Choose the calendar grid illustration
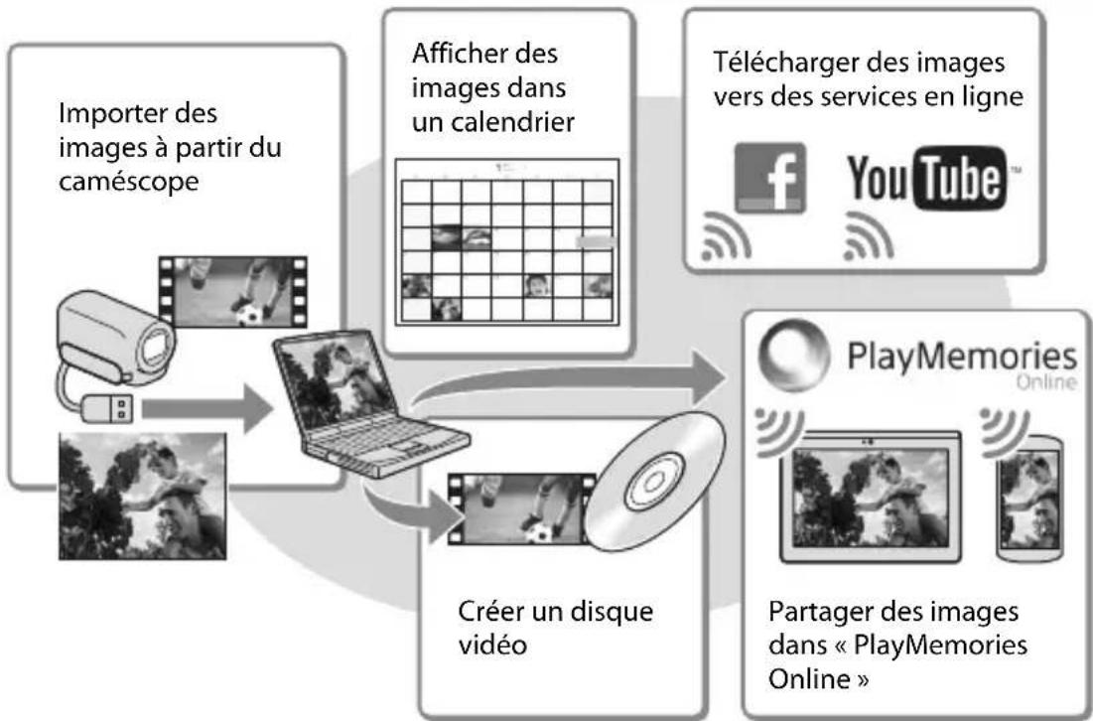pos(506,241)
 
